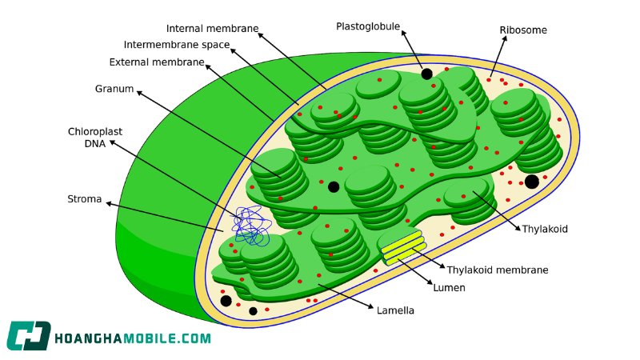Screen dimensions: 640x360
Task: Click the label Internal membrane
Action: [x=212, y=29]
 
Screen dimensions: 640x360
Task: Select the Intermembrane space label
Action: [x=177, y=45]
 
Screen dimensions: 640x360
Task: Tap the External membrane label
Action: [x=157, y=62]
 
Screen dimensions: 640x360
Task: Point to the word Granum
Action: [x=114, y=89]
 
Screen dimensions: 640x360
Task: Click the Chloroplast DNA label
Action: [x=95, y=138]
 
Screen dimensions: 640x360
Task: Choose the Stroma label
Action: [x=85, y=198]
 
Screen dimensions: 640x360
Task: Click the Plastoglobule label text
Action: [x=368, y=26]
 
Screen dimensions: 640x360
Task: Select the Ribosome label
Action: [x=523, y=30]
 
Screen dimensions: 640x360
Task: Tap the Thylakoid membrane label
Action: [x=497, y=270]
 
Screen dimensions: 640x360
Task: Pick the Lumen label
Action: [x=449, y=288]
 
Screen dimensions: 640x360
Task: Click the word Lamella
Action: [x=395, y=310]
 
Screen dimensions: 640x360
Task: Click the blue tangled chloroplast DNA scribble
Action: [x=251, y=226]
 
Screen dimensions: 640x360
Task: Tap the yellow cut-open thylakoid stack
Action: [x=402, y=246]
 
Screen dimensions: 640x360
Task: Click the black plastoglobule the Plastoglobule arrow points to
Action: [x=426, y=74]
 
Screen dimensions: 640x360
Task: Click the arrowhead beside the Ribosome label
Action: [x=505, y=38]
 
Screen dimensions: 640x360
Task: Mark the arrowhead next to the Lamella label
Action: [x=370, y=306]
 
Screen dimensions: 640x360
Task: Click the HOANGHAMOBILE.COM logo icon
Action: [x=29, y=336]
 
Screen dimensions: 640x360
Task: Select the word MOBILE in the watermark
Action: [x=150, y=338]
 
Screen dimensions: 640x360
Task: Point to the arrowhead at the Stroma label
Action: [x=109, y=203]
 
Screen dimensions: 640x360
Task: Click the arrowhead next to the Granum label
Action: [x=139, y=93]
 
